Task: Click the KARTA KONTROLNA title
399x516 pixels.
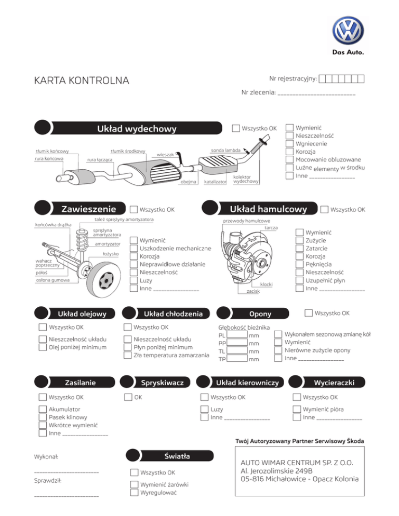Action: point(81,81)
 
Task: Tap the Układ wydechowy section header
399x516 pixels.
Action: point(137,129)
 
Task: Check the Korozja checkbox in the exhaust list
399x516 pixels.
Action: point(290,152)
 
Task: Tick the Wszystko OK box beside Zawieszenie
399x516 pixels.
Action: point(134,210)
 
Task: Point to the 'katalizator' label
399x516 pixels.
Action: point(215,182)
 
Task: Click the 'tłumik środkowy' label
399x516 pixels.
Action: point(128,151)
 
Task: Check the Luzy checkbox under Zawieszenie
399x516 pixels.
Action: point(134,280)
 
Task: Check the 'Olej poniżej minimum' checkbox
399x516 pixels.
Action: point(43,347)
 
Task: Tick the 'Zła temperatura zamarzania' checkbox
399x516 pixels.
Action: point(128,355)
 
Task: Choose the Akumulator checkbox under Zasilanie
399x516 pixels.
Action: point(43,410)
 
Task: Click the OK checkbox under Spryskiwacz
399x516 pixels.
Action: point(128,398)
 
